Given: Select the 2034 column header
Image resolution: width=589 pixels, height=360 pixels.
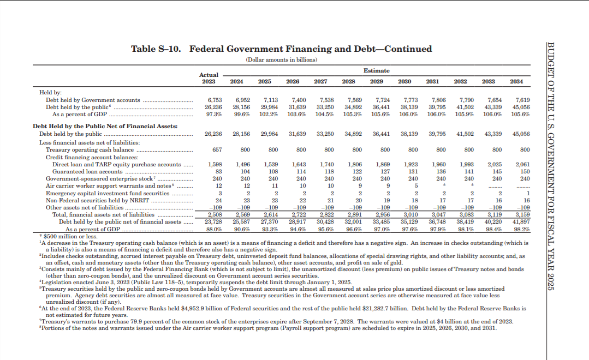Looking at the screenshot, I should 516,81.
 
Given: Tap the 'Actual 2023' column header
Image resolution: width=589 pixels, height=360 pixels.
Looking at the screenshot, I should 209,78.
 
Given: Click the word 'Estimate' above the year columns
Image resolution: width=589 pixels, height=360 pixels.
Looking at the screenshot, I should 377,70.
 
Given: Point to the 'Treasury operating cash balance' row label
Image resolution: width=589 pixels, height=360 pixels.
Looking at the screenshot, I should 90,149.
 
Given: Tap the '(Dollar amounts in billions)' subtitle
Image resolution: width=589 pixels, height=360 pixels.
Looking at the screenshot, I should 281,59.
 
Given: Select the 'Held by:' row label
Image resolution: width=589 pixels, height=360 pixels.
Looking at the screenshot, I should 51,93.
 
